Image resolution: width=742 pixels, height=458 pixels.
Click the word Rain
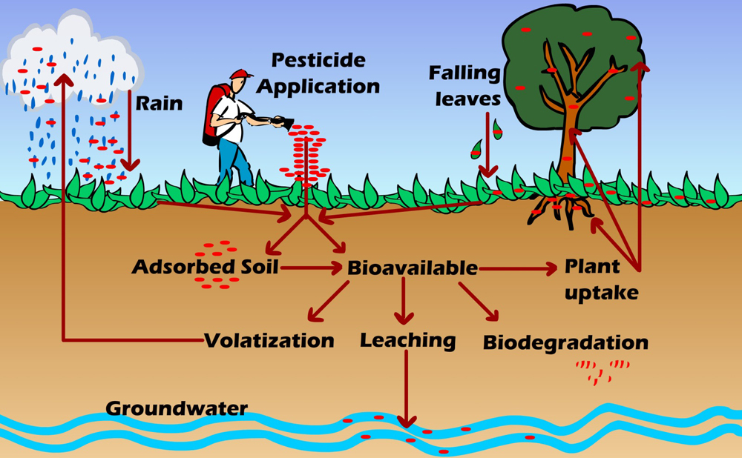click(159, 103)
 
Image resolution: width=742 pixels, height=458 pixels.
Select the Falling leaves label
click(464, 85)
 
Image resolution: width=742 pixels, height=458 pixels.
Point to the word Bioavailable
click(413, 268)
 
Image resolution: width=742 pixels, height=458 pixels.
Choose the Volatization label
click(269, 341)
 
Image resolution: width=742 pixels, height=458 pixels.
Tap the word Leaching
click(407, 340)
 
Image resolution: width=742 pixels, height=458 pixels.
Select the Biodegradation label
click(565, 343)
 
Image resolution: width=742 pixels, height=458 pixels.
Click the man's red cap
click(240, 73)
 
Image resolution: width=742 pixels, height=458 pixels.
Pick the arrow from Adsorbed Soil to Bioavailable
click(309, 268)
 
